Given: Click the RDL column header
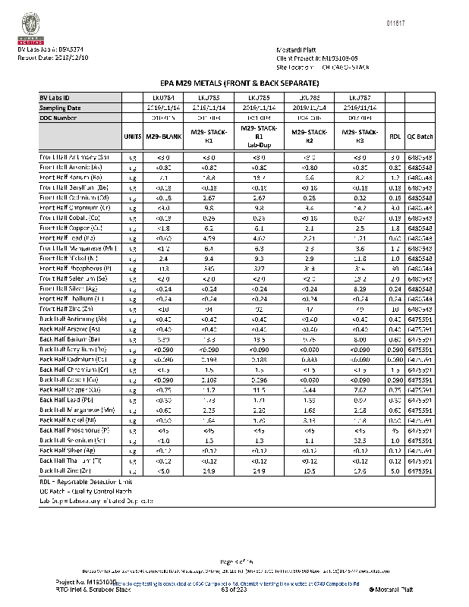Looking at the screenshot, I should point(395,137).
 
